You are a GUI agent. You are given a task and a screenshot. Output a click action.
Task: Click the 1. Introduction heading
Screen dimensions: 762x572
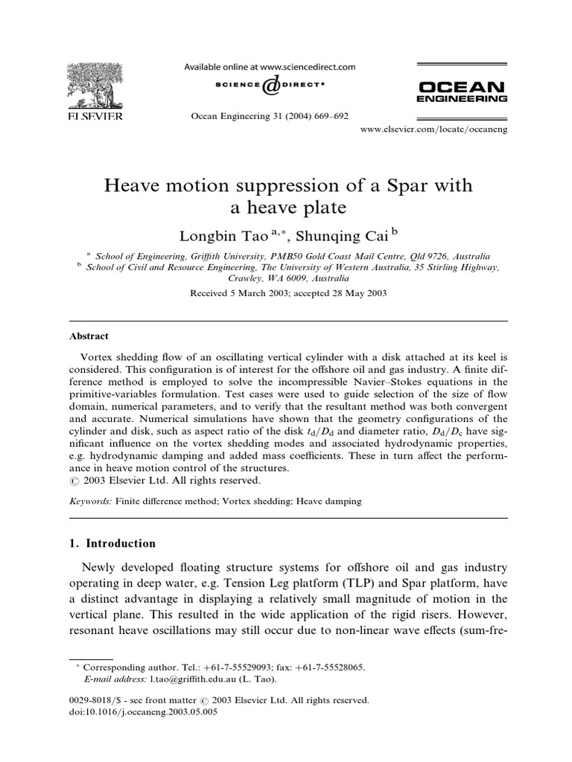111,542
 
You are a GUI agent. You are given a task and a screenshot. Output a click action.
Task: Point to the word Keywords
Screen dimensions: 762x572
88,502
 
